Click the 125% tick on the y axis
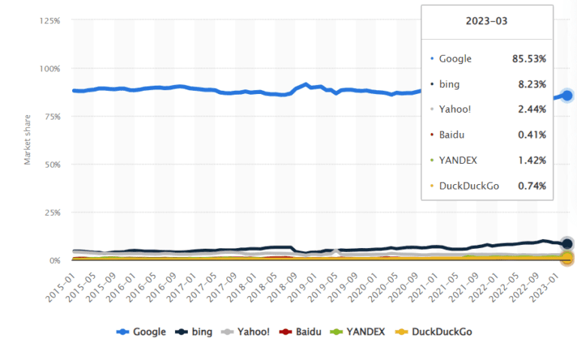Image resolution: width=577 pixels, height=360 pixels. click(50, 20)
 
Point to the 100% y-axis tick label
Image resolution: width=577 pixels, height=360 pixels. click(50, 68)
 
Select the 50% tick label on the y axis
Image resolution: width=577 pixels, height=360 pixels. click(53, 165)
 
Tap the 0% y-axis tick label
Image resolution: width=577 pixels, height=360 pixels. click(55, 261)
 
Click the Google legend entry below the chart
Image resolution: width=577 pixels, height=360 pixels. click(141, 331)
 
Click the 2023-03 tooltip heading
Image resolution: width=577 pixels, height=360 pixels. click(487, 21)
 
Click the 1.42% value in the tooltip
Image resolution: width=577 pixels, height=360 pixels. click(532, 159)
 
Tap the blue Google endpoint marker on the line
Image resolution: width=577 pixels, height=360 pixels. click(567, 95)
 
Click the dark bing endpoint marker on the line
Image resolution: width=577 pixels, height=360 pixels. click(567, 244)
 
